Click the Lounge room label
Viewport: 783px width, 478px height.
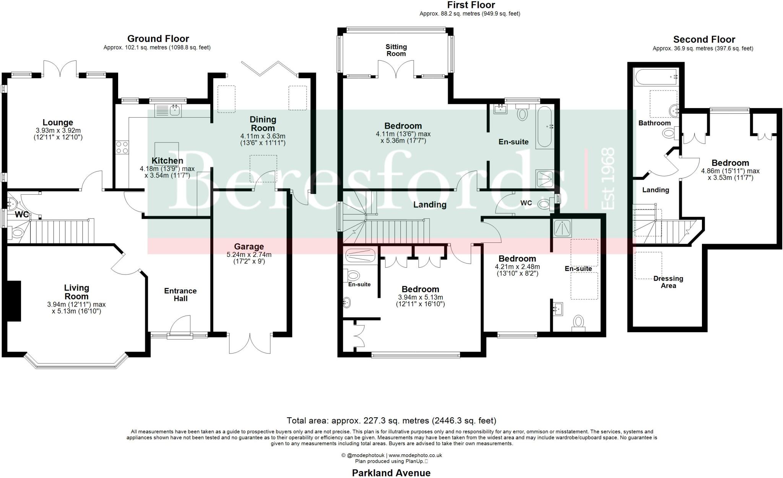point(58,123)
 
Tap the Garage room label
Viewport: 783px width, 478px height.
point(249,247)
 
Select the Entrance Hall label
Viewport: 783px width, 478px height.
point(180,294)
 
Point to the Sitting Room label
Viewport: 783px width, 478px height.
point(396,50)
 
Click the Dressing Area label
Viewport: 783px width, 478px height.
point(668,282)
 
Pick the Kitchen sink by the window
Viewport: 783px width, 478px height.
point(169,110)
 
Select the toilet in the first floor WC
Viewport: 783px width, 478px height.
point(546,204)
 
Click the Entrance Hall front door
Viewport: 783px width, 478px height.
point(180,327)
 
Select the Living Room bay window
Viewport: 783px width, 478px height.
point(75,361)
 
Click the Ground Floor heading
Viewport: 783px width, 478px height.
point(158,39)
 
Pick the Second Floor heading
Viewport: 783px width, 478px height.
point(704,39)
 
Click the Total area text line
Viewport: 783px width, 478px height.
point(391,421)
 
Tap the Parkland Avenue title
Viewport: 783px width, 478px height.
point(391,473)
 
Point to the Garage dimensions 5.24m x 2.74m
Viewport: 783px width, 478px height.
point(249,255)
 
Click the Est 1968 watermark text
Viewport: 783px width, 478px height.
point(608,179)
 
